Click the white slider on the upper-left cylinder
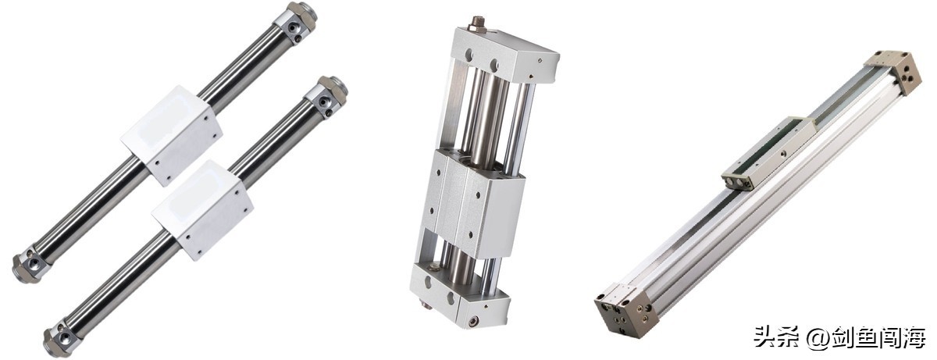point(172,135)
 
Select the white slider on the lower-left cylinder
point(202,209)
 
